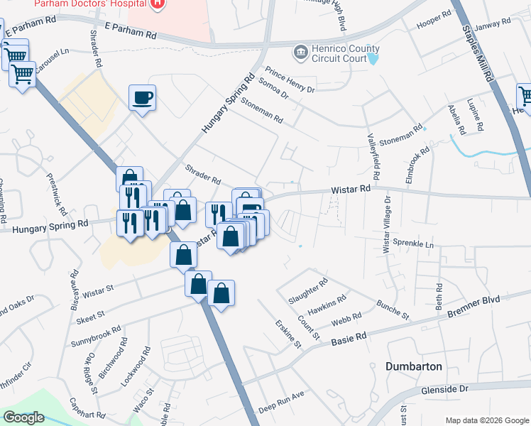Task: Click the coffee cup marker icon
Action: (x=143, y=97)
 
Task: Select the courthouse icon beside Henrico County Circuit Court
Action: (x=300, y=53)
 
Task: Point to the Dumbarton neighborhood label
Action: (x=413, y=366)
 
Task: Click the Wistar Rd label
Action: (x=351, y=190)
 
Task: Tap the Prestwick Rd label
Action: (x=56, y=195)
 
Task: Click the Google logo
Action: (x=23, y=417)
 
